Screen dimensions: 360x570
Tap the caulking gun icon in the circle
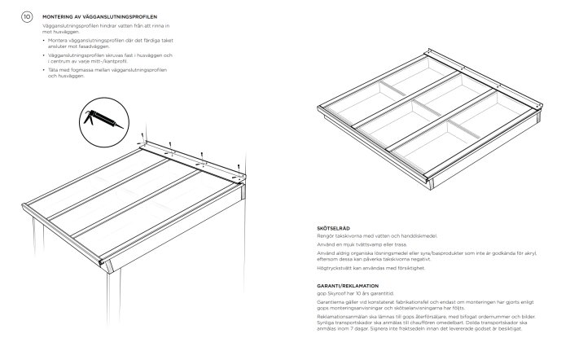99,119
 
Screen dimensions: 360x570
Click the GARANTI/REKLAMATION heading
347,285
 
